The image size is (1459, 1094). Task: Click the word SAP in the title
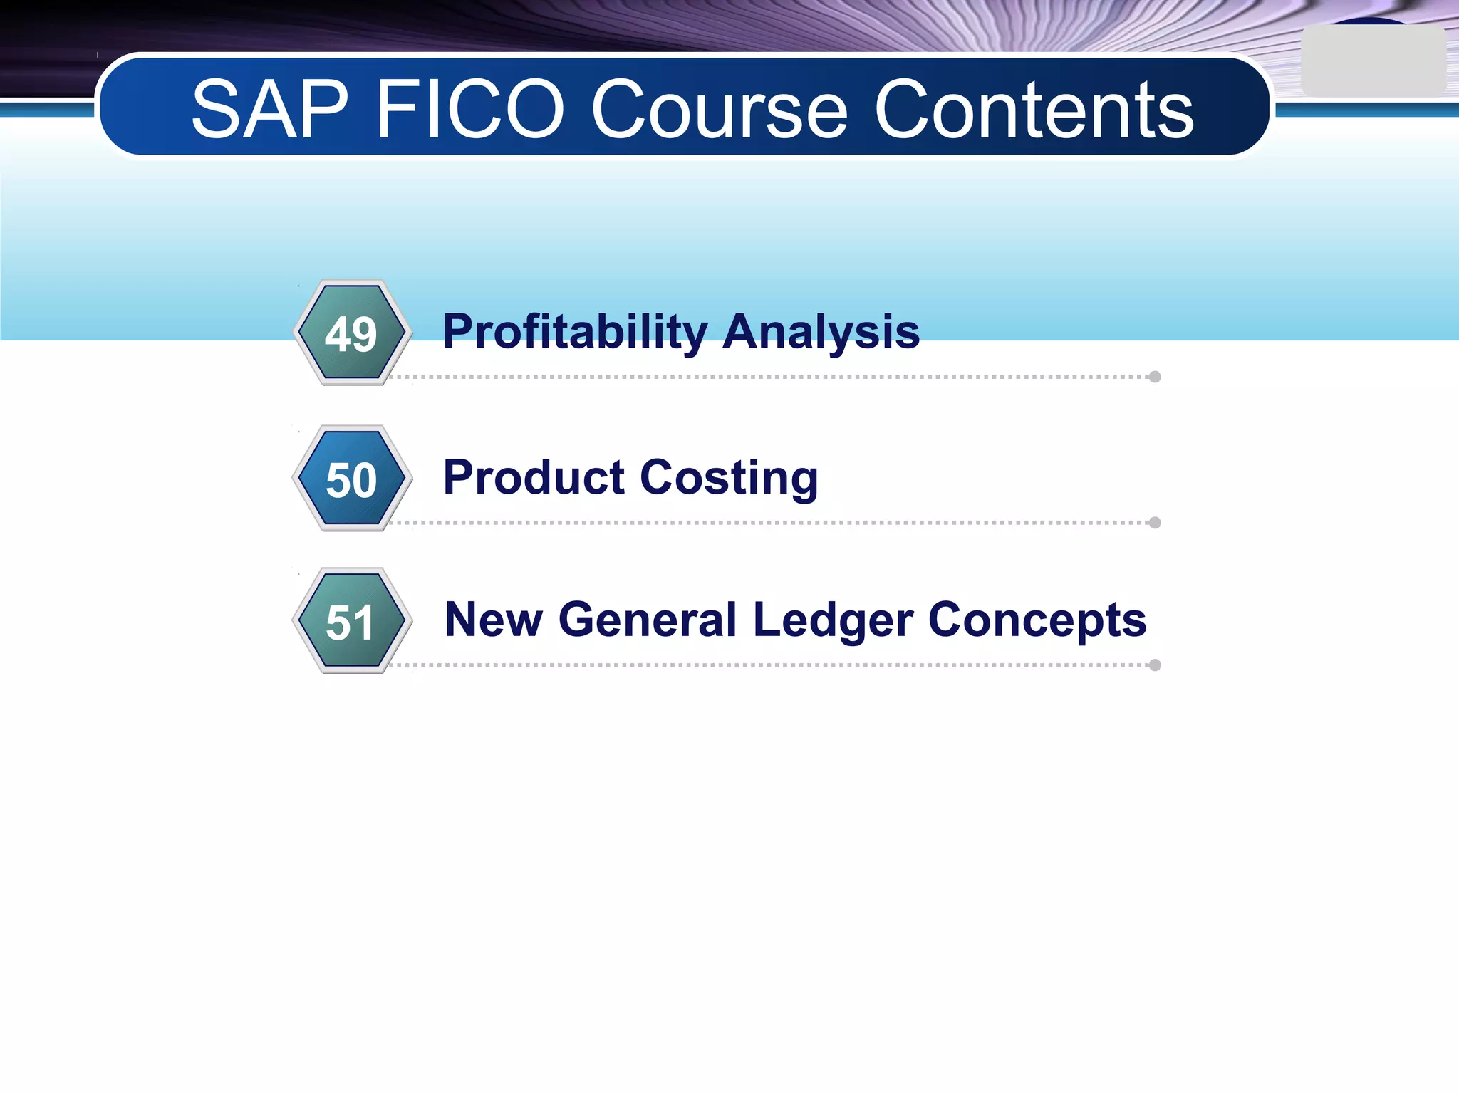269,110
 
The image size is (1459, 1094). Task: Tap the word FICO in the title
470,110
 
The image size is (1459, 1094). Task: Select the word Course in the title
720,110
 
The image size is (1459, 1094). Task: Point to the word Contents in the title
1034,110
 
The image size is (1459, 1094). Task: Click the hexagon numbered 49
352,333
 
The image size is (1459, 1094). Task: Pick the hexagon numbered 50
352,479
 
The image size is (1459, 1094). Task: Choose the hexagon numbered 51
352,621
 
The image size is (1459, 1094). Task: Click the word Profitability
575,332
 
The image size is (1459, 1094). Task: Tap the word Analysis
821,332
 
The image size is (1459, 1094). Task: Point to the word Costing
729,478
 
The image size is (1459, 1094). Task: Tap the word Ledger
833,620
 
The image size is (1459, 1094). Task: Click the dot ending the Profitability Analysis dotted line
1155,377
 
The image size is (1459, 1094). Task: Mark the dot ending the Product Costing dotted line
1155,523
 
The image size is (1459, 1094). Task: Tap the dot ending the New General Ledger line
1155,665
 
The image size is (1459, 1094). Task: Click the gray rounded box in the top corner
1373,61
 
